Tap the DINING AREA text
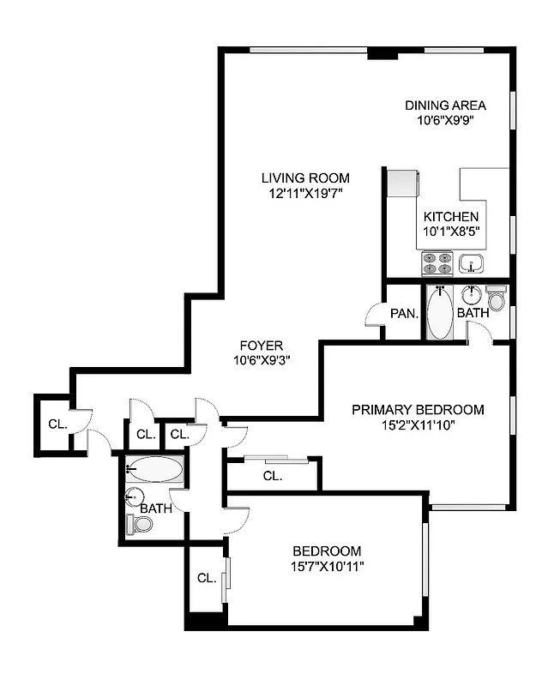coord(445,105)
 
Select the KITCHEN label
coord(450,217)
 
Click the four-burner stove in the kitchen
coord(437,262)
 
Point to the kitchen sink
coord(471,262)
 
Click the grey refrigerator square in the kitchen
coord(401,183)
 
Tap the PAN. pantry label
coord(403,314)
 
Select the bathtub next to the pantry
coord(439,313)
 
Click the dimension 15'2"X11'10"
coord(418,424)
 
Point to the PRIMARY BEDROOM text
coord(418,410)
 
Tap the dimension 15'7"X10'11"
coord(327,566)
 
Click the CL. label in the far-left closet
coord(57,424)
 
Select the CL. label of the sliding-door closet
coord(273,476)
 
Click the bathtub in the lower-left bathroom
coord(155,469)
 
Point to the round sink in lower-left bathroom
coord(134,496)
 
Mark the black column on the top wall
coord(382,54)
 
